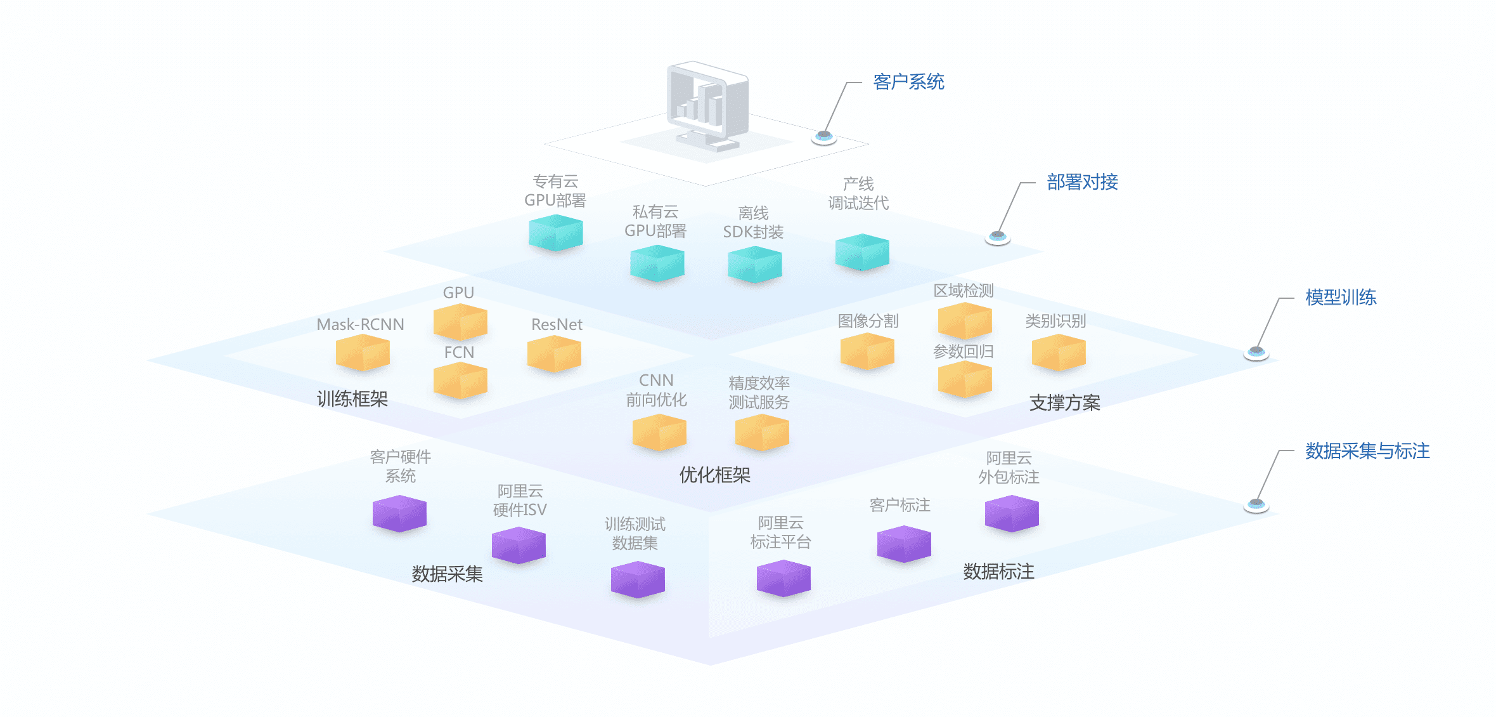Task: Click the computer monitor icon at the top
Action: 707,105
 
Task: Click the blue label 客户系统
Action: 908,82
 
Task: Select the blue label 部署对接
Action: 1082,182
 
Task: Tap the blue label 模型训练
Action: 1341,297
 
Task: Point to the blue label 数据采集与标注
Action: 1367,451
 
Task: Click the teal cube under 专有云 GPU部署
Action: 556,232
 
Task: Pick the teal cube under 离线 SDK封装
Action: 754,264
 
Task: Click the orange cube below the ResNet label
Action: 554,353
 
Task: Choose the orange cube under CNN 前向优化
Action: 659,432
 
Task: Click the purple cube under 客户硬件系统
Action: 399,513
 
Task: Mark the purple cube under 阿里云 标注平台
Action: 783,578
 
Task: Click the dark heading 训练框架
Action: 352,399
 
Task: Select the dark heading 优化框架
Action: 714,475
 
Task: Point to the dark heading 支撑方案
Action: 1064,403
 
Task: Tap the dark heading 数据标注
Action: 998,572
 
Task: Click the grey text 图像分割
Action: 868,321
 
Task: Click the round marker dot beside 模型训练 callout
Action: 1256,352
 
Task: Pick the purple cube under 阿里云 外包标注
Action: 1012,513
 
